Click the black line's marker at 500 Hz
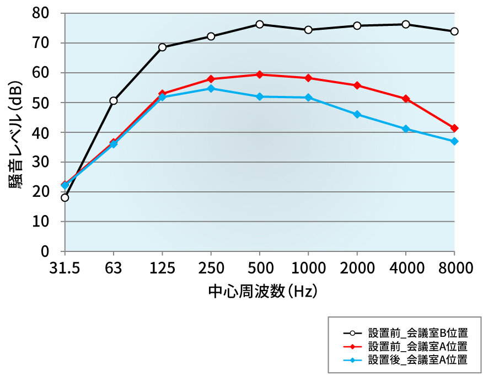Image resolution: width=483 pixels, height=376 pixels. pyautogui.click(x=260, y=24)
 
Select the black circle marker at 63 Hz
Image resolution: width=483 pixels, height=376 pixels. pyautogui.click(x=114, y=101)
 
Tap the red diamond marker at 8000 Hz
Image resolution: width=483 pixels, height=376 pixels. pyautogui.click(x=454, y=128)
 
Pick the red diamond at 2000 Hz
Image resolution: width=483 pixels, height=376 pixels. pyautogui.click(x=357, y=85)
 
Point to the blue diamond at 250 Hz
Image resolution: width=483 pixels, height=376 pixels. pyautogui.click(x=211, y=88)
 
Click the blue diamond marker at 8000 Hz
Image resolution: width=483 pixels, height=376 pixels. pyautogui.click(x=454, y=142)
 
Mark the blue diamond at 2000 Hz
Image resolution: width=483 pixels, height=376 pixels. pyautogui.click(x=357, y=115)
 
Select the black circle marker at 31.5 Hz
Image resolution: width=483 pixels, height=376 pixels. pyautogui.click(x=65, y=197)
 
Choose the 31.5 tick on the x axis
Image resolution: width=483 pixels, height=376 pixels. pyautogui.click(x=65, y=268)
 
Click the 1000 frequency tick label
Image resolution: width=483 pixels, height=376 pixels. pyautogui.click(x=308, y=268)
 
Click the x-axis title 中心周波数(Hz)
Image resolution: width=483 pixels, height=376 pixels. pyautogui.click(x=262, y=290)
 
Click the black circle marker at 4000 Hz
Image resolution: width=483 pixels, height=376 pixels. pyautogui.click(x=406, y=24)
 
